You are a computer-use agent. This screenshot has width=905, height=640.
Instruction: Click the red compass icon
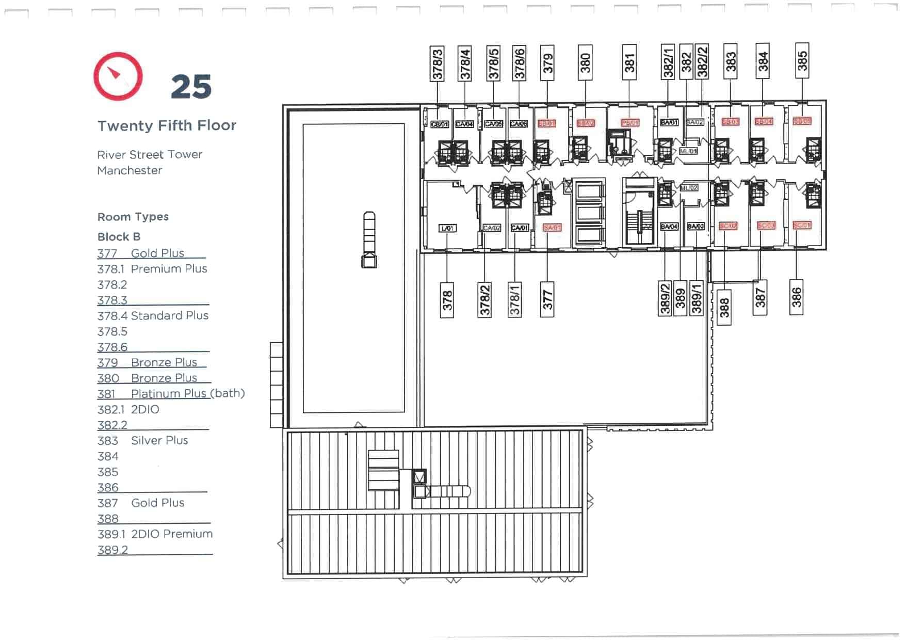[x=118, y=76]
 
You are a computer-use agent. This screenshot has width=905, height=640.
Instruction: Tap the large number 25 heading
[x=191, y=87]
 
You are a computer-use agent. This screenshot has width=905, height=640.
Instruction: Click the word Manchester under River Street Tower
[x=130, y=171]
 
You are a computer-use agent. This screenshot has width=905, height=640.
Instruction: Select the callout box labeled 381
[x=629, y=62]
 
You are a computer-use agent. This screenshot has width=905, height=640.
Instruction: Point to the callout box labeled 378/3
[x=437, y=63]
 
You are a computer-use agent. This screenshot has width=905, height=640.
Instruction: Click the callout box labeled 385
[x=802, y=60]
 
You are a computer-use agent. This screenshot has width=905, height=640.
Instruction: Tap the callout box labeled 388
[x=724, y=307]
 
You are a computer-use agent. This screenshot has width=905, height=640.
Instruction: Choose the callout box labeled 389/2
[x=665, y=298]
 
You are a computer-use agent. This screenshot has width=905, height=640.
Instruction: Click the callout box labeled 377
[x=547, y=299]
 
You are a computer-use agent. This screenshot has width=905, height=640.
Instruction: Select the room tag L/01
[x=447, y=228]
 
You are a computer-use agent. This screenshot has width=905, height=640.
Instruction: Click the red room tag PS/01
[x=630, y=123]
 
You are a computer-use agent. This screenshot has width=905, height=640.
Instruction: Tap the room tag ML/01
[x=688, y=151]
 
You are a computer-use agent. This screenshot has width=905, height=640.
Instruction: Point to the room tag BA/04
[x=669, y=227]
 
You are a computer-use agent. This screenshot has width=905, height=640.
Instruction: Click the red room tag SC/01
[x=801, y=226]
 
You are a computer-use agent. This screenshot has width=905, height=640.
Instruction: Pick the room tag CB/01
[x=440, y=124]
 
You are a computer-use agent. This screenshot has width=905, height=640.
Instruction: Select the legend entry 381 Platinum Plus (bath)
[x=171, y=394]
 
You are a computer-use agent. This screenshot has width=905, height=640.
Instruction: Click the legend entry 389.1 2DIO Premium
[x=155, y=534]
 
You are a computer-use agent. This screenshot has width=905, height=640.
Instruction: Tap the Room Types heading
[x=133, y=217]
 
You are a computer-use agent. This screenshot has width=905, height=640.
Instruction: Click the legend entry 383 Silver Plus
[x=142, y=441]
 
